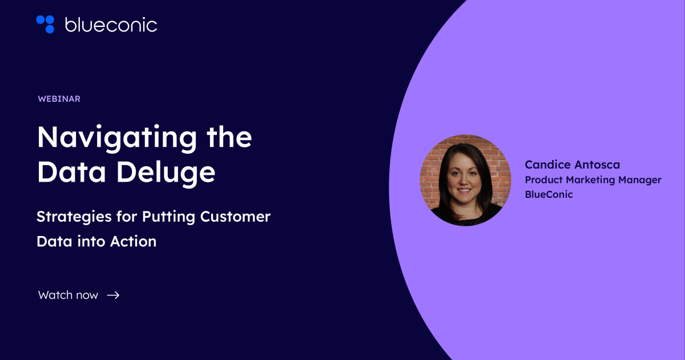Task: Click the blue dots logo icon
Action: pos(45,24)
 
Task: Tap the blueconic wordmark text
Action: pos(111,25)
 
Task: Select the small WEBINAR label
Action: pos(59,99)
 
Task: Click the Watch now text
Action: pos(68,295)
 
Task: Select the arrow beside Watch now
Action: pos(113,295)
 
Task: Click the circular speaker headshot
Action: pos(465,180)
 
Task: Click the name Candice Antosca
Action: pos(573,165)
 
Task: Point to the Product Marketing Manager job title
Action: pos(593,180)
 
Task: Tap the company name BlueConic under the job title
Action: pos(549,194)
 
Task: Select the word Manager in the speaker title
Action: pos(639,180)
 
